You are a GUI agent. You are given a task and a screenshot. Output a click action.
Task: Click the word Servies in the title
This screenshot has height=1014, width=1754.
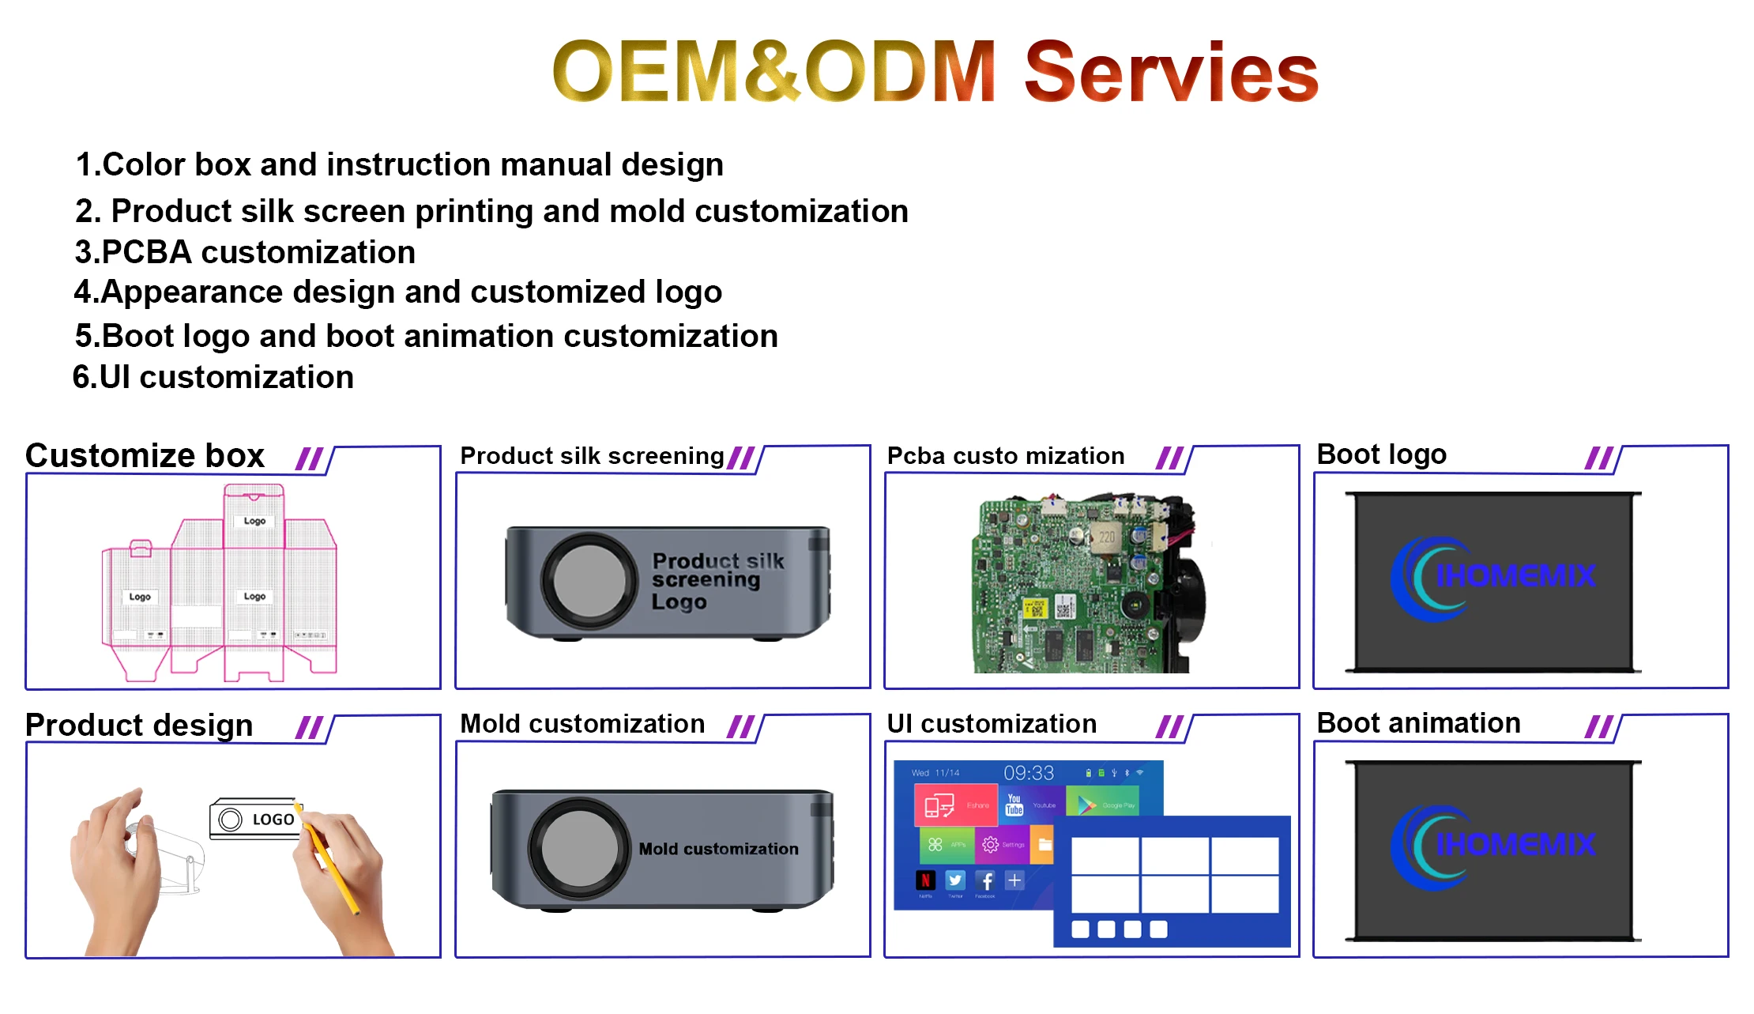coord(1171,73)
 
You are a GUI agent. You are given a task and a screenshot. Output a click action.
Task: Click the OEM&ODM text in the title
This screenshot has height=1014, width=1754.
coord(774,73)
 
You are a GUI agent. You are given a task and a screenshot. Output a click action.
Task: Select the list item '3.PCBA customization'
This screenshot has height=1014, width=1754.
coord(245,252)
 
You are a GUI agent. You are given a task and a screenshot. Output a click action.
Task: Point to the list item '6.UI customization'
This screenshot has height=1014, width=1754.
coord(213,377)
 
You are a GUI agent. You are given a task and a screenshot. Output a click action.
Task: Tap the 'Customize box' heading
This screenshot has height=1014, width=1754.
coord(145,456)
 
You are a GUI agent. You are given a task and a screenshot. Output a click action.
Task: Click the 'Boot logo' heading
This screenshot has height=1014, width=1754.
coord(1381,454)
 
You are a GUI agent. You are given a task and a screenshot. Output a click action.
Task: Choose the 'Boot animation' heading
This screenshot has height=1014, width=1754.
coord(1418,723)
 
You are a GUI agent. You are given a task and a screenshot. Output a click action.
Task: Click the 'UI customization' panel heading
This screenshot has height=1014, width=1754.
coord(992,724)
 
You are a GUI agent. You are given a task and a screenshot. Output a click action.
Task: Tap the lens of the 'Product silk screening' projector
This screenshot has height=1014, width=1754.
coord(589,580)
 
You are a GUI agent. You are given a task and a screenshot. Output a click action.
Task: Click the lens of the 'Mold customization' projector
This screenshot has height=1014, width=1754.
coord(579,848)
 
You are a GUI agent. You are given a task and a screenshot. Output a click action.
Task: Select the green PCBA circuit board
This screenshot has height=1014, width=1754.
coord(1075,585)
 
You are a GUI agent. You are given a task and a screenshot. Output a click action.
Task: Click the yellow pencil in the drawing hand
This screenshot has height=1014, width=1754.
coord(332,861)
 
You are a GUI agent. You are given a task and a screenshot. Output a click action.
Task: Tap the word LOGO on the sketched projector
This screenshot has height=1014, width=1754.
coord(273,820)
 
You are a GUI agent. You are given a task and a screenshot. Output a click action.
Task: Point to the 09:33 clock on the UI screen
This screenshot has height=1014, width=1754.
coord(1029,773)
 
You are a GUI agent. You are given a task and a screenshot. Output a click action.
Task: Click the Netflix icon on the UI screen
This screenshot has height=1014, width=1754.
coord(925,880)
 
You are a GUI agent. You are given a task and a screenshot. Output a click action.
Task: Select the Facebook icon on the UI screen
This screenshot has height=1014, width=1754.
coord(985,880)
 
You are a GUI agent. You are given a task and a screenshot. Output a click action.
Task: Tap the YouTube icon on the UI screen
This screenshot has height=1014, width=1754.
coord(1014,805)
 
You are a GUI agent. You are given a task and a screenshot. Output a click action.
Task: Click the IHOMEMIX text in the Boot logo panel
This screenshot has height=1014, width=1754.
coord(1515,575)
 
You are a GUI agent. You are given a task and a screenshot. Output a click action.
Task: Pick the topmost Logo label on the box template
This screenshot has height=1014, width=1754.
coord(254,521)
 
